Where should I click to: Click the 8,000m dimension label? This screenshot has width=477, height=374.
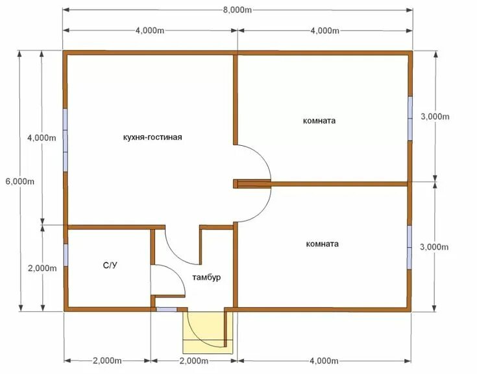(x=238, y=10)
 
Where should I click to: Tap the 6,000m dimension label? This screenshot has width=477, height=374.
(x=20, y=181)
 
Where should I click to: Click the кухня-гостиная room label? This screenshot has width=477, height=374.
(x=153, y=137)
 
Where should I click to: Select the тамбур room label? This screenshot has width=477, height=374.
(x=206, y=277)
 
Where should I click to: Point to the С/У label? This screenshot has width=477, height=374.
(x=110, y=266)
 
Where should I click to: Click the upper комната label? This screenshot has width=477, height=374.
(x=319, y=121)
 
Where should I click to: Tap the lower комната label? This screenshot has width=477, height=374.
(x=322, y=244)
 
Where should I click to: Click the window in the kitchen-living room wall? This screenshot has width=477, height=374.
(x=65, y=140)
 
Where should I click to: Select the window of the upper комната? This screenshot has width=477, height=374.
(x=410, y=118)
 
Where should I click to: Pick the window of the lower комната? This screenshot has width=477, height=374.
(x=410, y=247)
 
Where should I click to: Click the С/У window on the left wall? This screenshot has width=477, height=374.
(x=66, y=255)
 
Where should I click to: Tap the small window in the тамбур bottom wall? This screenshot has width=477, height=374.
(x=166, y=309)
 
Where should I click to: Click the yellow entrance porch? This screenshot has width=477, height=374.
(x=208, y=333)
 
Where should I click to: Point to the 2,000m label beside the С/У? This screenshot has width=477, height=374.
(x=42, y=268)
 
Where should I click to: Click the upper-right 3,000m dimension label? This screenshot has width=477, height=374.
(x=435, y=117)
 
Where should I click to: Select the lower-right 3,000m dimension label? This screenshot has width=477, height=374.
(x=434, y=247)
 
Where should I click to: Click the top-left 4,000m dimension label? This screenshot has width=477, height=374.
(x=150, y=30)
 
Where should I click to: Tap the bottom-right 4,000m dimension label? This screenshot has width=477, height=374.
(x=324, y=360)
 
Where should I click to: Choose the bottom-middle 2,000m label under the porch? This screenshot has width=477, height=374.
(x=194, y=360)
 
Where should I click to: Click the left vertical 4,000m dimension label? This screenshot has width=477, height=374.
(x=42, y=137)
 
